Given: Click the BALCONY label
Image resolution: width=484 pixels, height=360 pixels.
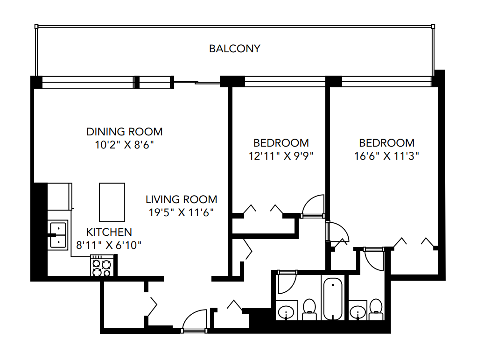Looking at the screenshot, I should tap(234, 49).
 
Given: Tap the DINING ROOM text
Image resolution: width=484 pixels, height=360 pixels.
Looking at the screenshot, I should tap(125, 131).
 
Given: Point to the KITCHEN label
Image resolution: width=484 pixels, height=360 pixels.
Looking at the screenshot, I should tap(109, 232).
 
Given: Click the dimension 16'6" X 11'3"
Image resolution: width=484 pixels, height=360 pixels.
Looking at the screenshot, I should tap(386, 155).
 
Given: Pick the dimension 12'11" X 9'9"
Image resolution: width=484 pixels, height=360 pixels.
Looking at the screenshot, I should tap(281, 155).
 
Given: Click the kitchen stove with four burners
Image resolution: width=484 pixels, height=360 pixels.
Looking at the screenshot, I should tap(102, 267).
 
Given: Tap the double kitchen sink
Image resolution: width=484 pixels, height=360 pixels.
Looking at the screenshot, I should tap(58, 234).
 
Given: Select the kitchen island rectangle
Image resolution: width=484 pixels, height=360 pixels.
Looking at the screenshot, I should tap(112, 202).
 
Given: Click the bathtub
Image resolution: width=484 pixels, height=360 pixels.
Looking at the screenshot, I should tap(332, 298).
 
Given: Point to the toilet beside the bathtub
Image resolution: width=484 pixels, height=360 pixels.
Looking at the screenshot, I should tap(309, 310).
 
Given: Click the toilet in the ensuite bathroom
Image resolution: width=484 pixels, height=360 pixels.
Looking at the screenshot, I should tap(376, 310).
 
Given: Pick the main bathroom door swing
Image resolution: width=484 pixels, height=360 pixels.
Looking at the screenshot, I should tap(285, 282).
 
